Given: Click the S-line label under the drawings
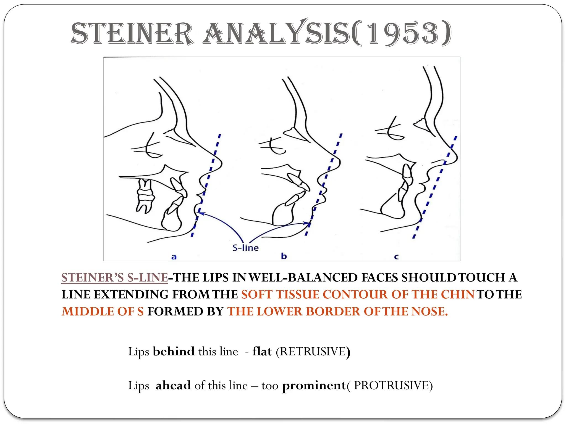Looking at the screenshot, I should (x=245, y=248).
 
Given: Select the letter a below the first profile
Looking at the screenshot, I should (x=174, y=257).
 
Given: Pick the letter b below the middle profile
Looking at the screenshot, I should (x=284, y=256).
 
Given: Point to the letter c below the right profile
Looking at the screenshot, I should (x=396, y=257).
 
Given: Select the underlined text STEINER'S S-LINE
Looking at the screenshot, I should (x=114, y=278).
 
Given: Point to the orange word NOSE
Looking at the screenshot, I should (x=429, y=312).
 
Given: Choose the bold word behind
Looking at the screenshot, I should (x=174, y=352).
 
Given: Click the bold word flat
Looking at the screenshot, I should (x=262, y=352).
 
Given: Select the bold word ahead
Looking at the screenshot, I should (x=173, y=385).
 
